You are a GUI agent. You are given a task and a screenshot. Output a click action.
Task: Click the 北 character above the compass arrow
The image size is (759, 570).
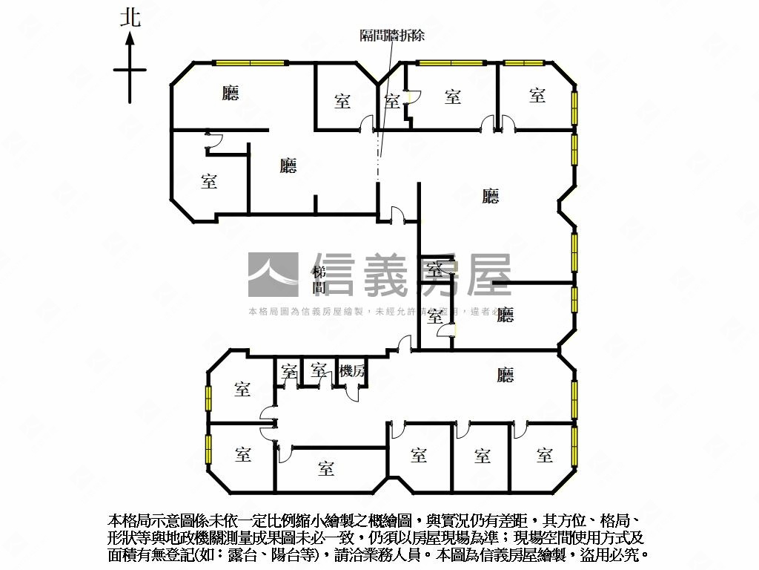tap(130, 19)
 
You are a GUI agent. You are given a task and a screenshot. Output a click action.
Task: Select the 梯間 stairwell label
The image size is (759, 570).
tap(319, 278)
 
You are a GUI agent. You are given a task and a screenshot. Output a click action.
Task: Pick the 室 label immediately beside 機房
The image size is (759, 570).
tap(319, 370)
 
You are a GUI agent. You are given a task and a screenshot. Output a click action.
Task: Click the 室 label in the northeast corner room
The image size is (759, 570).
tap(537, 95)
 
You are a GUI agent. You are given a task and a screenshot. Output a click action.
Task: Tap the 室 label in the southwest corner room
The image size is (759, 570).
tap(242, 453)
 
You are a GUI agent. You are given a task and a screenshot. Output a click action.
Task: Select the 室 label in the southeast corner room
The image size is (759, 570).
tap(545, 455)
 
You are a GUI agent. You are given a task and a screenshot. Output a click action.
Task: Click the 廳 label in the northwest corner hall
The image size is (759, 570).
tap(231, 93)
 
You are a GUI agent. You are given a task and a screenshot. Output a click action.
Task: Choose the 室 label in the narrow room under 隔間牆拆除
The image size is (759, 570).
tap(392, 101)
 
